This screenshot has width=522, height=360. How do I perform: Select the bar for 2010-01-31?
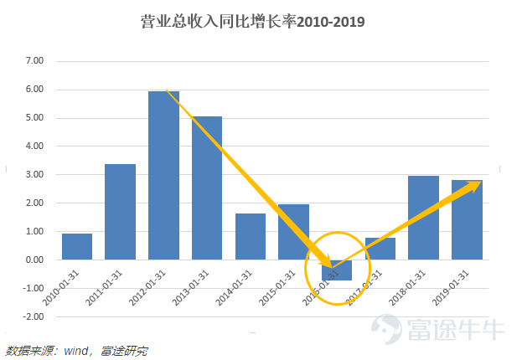pos(77,246)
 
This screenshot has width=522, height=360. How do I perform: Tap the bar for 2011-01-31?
pos(121,212)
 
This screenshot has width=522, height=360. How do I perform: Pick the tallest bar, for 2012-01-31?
pos(164,175)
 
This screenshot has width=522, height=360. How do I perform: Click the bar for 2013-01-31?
pos(207,188)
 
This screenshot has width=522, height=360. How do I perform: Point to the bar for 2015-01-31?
pos(294,232)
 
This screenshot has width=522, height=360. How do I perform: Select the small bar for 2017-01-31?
pos(380,249)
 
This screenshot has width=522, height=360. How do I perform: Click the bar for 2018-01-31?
pos(424,218)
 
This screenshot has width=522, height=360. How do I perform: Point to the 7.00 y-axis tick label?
pos(34,61)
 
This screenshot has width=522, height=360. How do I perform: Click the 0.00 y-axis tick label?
pos(34,260)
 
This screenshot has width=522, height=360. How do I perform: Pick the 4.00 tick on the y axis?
pos(34,147)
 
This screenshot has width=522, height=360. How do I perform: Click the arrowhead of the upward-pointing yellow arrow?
pos(474,183)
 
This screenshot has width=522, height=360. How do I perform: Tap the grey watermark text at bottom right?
pos(457,328)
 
